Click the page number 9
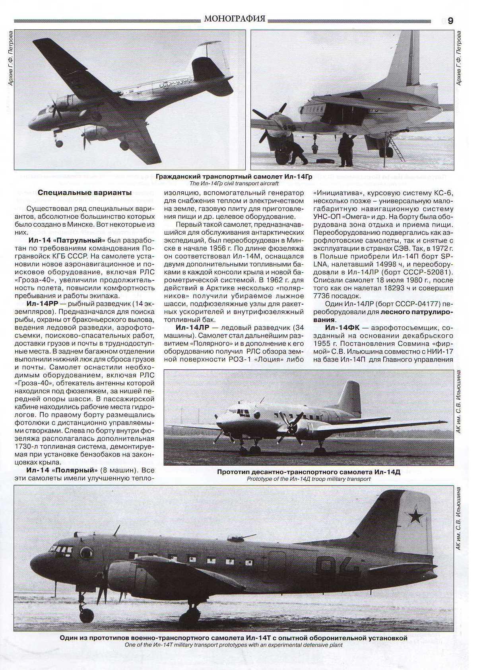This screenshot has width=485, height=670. pos(450,21)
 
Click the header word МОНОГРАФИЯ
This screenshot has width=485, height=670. pos(234,18)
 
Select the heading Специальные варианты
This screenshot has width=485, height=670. pos(84,193)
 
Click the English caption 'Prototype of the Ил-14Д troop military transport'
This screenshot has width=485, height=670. pos(308,479)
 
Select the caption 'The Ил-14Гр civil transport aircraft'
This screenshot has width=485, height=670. pos(234,183)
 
